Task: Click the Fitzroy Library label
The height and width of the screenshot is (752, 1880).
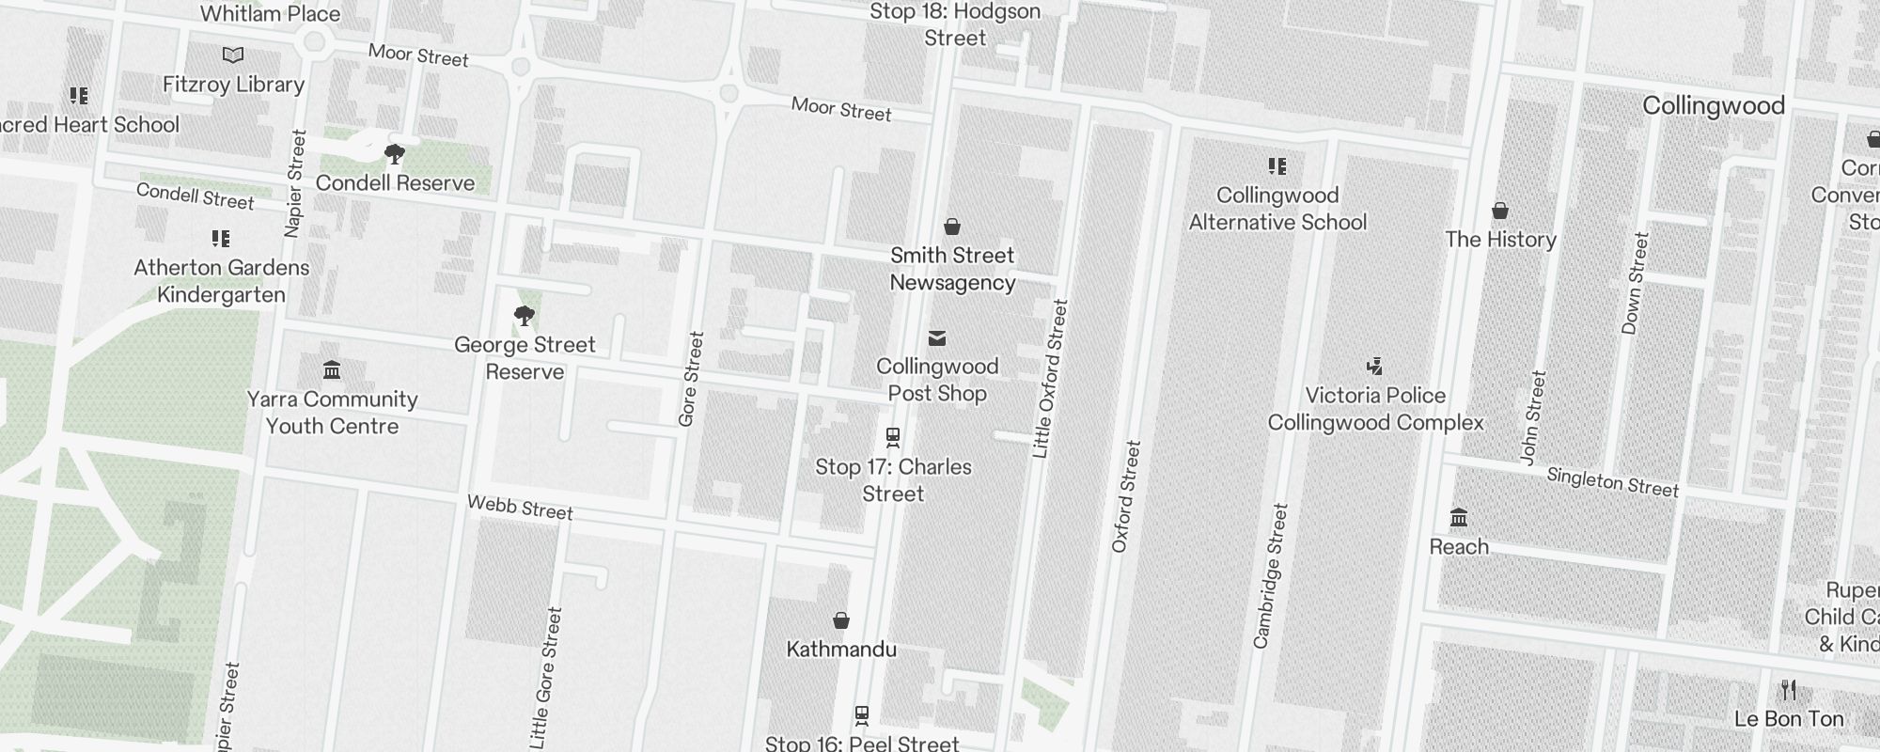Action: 233,85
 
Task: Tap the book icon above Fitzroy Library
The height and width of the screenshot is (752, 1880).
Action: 233,55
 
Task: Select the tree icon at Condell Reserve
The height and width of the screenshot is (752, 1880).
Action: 395,154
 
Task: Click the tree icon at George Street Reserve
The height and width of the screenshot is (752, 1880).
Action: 525,316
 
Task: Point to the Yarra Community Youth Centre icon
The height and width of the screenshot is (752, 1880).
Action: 332,369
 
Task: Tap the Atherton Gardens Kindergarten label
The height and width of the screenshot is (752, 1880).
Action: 222,281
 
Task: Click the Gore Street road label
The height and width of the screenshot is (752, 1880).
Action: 691,379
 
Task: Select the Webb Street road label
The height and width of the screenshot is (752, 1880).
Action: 520,508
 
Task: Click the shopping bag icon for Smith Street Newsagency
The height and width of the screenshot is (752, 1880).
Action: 952,227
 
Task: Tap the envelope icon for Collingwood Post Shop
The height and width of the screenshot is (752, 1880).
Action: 937,338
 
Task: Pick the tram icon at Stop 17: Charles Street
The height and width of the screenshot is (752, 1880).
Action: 893,437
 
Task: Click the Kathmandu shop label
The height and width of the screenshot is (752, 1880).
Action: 841,650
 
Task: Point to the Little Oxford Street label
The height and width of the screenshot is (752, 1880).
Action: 1051,379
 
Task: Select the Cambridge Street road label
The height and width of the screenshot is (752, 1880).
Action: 1271,576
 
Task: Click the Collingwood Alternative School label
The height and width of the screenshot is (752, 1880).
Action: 1277,209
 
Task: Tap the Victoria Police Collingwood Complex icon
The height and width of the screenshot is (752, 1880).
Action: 1375,366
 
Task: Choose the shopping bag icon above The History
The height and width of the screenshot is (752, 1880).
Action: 1500,211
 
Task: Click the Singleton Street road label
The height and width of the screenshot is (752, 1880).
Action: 1612,482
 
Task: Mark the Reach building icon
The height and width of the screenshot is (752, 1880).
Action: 1459,517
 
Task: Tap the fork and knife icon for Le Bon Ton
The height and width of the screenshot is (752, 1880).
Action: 1789,691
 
